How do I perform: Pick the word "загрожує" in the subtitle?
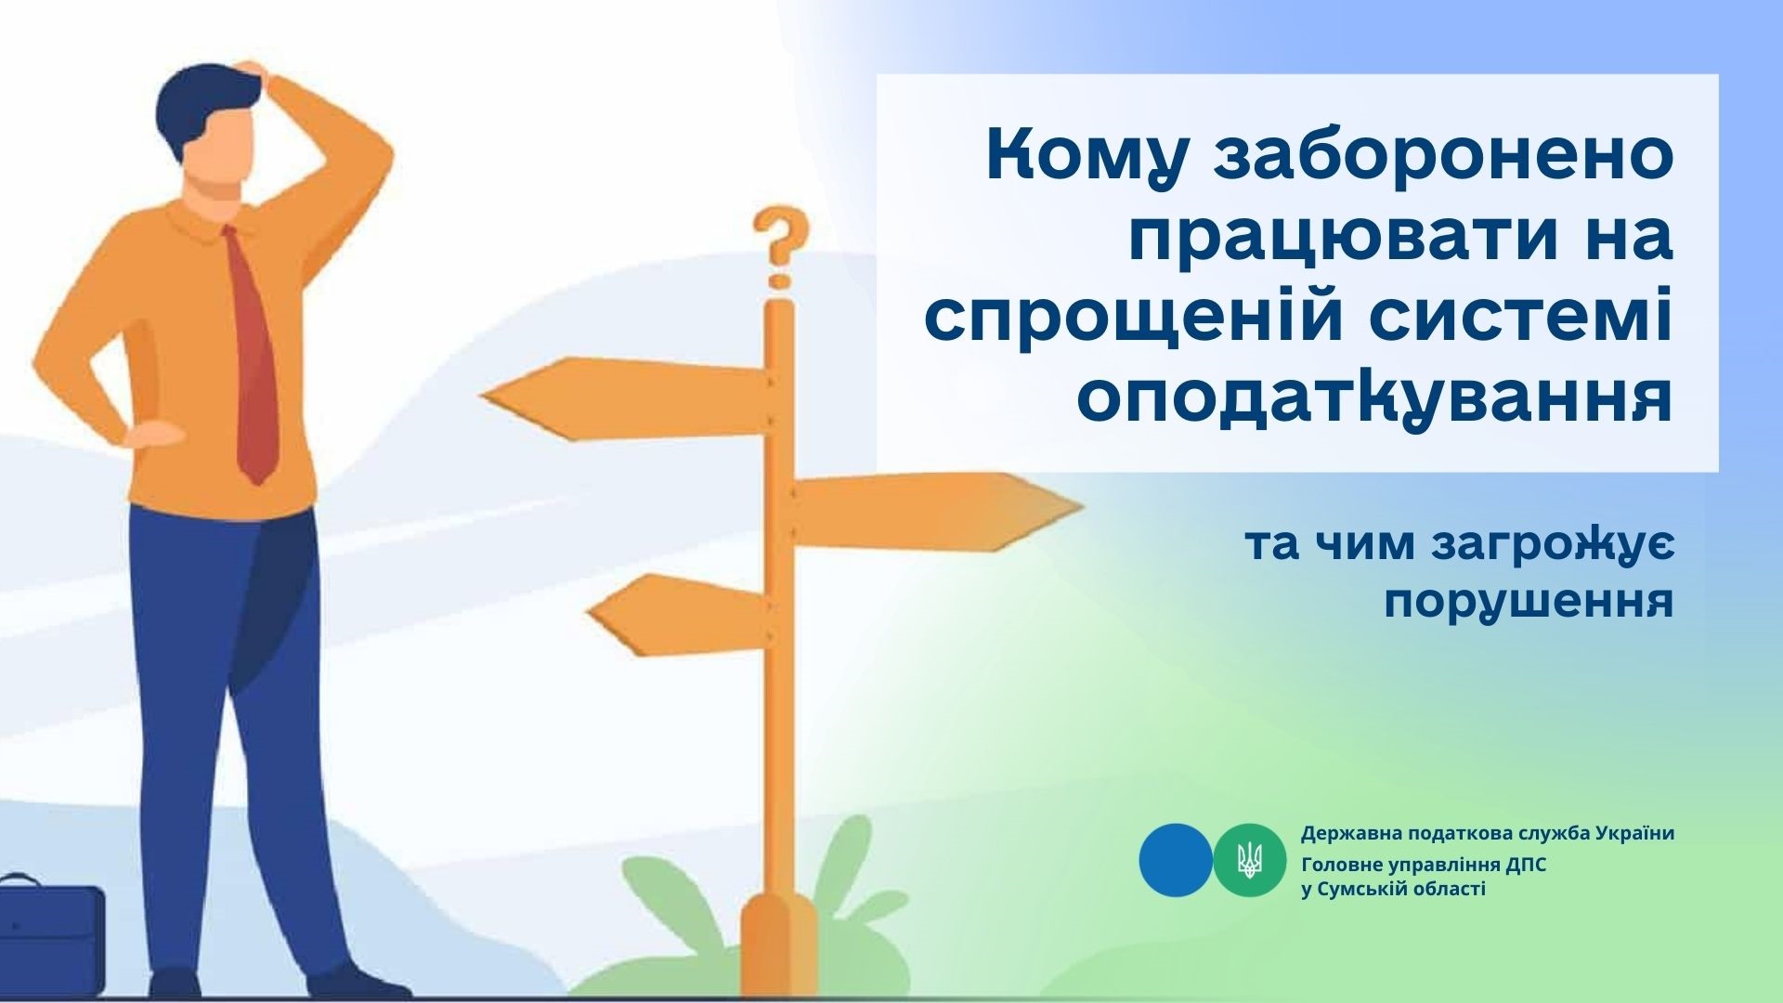pos(1552,546)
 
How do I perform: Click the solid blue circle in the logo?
pos(1176,860)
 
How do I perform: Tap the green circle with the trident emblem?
pos(1250,860)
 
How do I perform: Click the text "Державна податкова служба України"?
pos(1488,833)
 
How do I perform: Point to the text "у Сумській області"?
pos(1393,890)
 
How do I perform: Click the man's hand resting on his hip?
pos(153,435)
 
